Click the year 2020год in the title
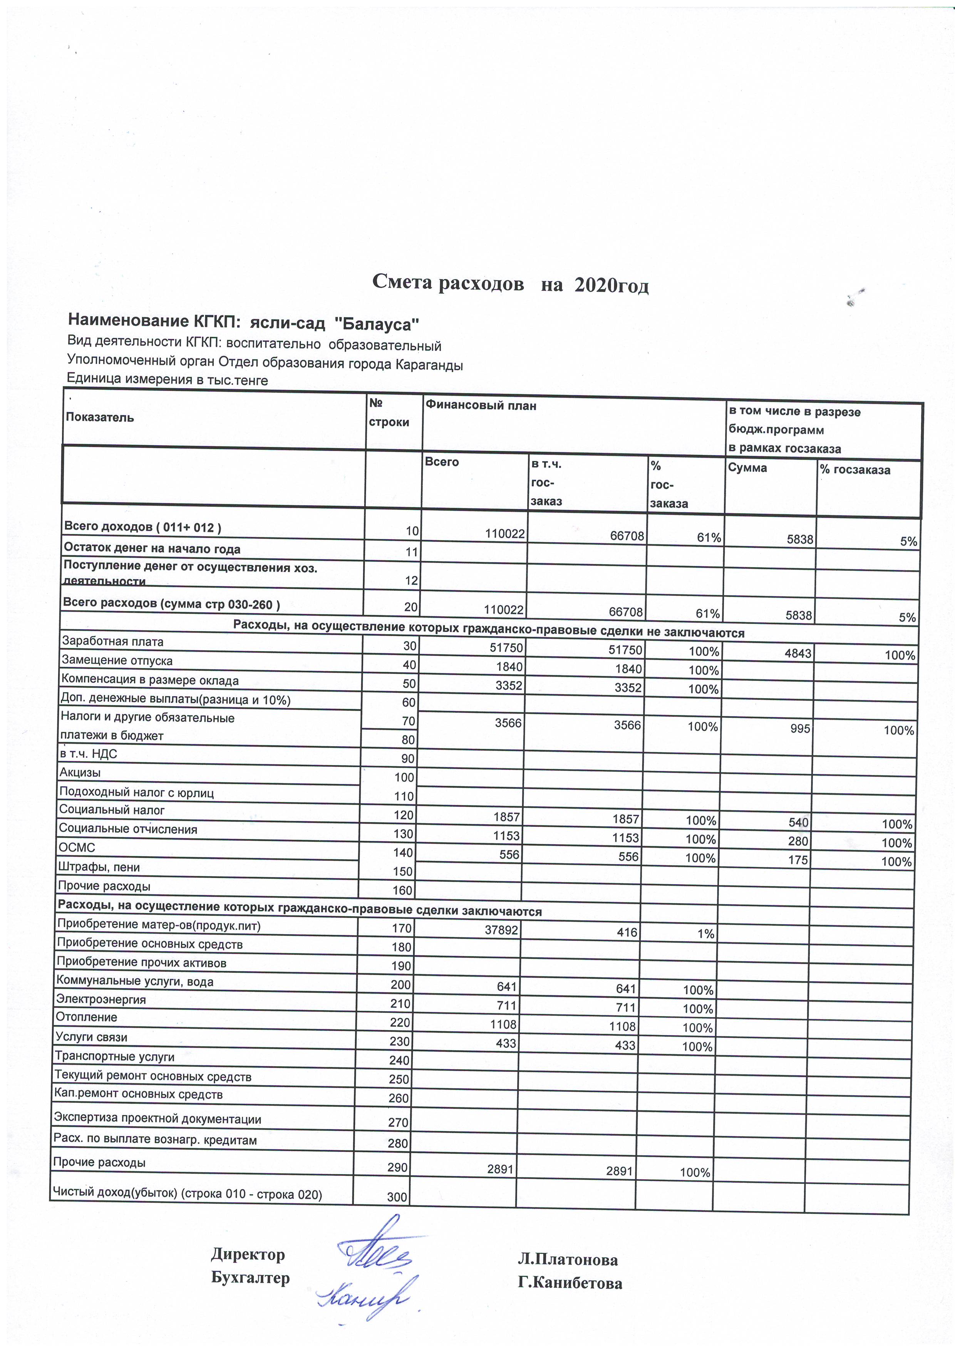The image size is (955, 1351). click(612, 286)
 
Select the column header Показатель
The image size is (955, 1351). click(100, 418)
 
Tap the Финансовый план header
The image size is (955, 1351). click(481, 406)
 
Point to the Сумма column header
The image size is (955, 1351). click(747, 468)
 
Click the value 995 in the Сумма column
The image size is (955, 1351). click(800, 729)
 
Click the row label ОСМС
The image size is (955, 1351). click(77, 848)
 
